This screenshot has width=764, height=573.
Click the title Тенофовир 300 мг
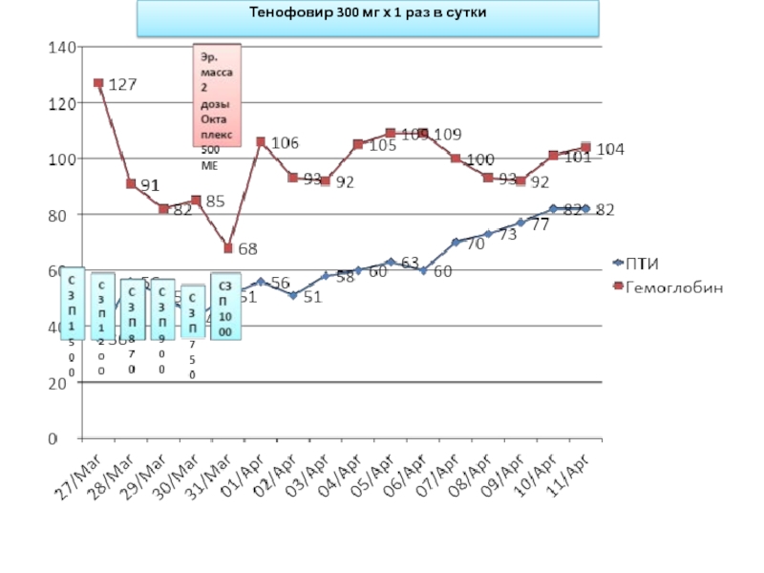tap(368, 14)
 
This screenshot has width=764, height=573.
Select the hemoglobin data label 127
tap(121, 84)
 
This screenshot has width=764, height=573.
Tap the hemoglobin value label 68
tap(247, 249)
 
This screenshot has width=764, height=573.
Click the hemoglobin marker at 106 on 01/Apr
tap(261, 141)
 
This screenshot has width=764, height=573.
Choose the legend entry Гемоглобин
tap(672, 286)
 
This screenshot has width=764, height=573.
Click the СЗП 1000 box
tap(225, 308)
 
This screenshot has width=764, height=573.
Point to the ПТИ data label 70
tap(475, 244)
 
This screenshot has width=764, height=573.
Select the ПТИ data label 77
tap(540, 225)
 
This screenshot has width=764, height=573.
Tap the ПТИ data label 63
tap(410, 262)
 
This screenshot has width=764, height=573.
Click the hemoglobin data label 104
tap(611, 149)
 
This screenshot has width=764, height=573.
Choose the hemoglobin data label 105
tap(382, 145)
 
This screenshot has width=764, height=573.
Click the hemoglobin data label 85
tap(215, 202)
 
